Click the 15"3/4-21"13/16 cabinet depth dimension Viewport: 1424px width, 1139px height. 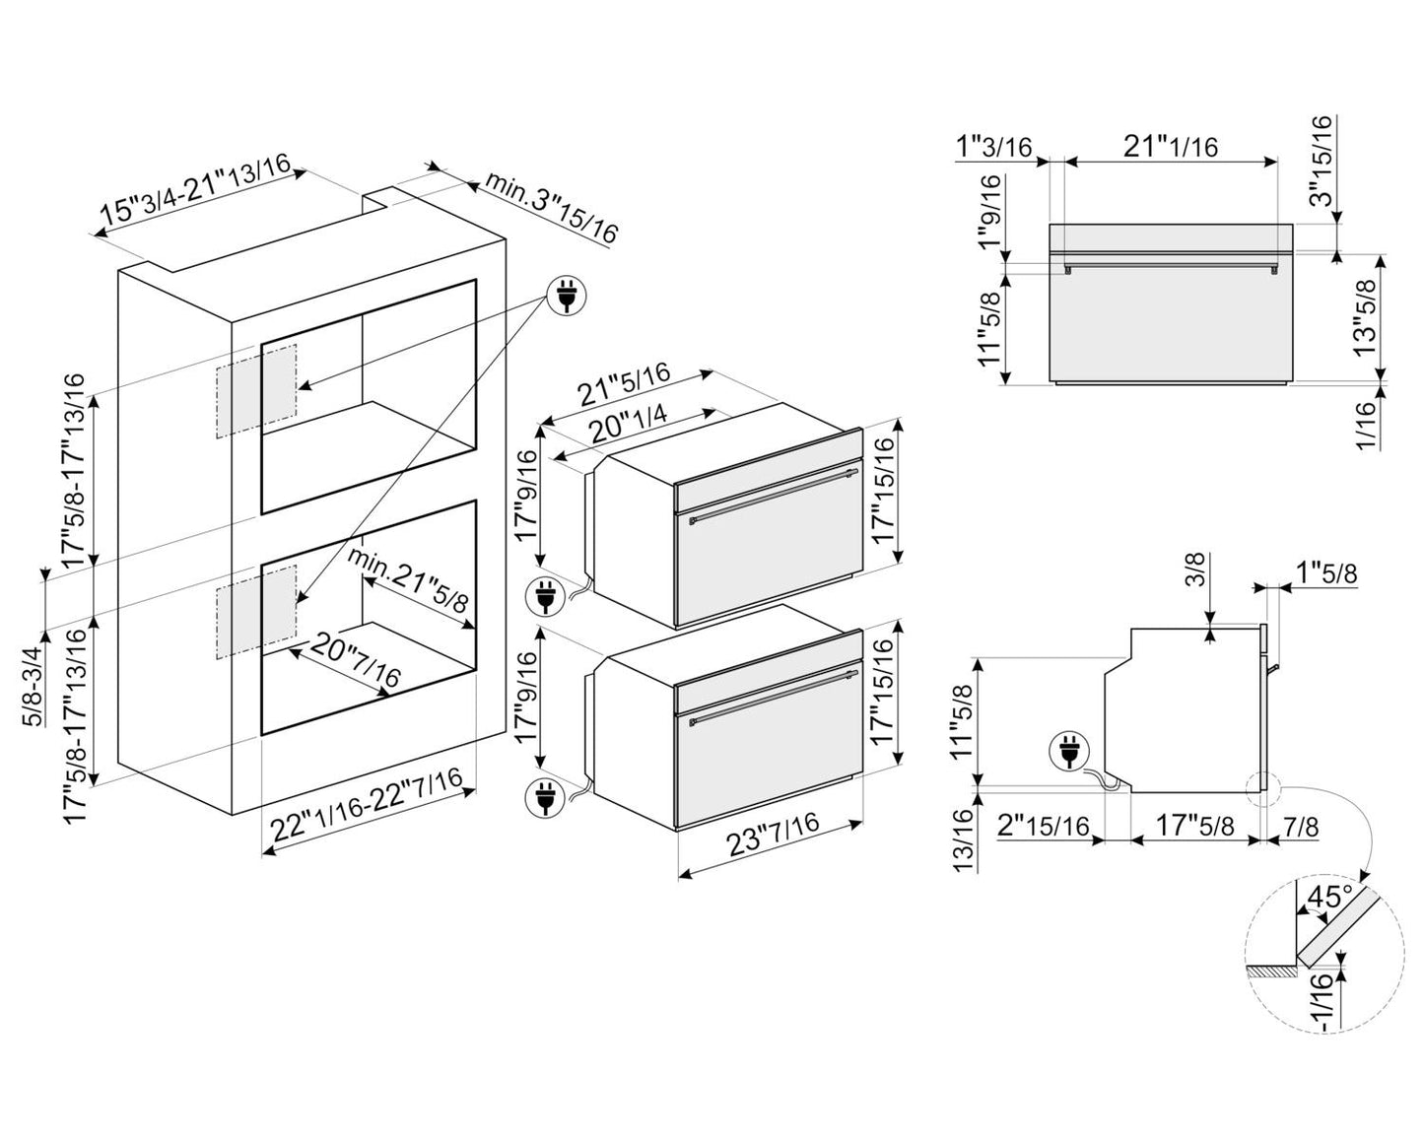[196, 187]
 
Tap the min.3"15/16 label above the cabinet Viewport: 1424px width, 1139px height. [551, 207]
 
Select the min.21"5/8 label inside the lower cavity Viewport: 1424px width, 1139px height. [408, 579]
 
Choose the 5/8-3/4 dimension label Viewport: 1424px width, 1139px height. [34, 687]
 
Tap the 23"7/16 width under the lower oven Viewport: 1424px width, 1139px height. [773, 834]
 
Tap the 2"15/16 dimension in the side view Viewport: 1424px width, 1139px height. [1043, 826]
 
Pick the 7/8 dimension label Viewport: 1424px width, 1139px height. [1300, 826]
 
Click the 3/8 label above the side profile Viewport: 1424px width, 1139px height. [1197, 569]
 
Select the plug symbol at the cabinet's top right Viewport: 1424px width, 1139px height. [567, 295]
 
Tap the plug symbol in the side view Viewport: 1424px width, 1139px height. [1069, 753]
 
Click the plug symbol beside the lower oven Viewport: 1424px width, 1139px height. [544, 797]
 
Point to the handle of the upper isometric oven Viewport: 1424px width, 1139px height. [774, 496]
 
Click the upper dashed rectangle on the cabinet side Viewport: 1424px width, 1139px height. [257, 390]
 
